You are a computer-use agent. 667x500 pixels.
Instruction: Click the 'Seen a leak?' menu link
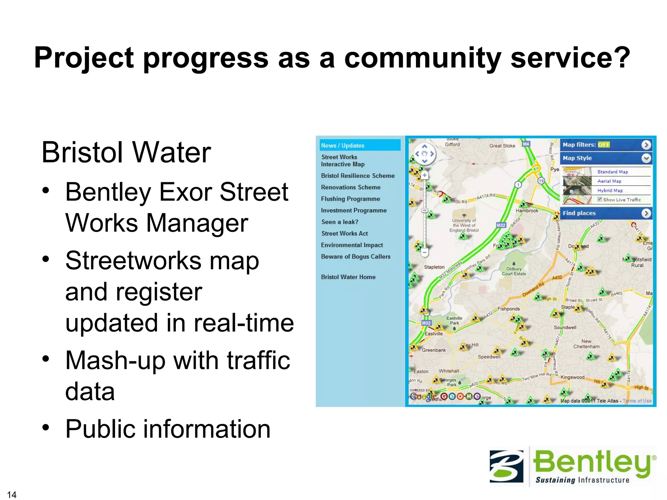coord(339,222)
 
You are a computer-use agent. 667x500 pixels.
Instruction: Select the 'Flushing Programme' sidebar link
coord(350,199)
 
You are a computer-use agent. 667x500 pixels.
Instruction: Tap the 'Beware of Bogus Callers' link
coord(355,257)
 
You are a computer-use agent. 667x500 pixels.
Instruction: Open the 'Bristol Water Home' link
coord(348,277)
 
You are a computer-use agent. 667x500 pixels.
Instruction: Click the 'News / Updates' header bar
coord(360,146)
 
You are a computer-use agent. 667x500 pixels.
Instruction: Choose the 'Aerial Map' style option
coord(609,181)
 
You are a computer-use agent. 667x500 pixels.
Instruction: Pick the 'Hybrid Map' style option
coord(610,190)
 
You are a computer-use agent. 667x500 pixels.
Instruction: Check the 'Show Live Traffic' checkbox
coord(600,200)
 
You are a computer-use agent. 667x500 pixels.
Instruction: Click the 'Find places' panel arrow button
coord(646,213)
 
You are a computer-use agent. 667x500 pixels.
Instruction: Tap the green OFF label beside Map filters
coord(603,145)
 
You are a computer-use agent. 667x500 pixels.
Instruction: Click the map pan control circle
coord(424,154)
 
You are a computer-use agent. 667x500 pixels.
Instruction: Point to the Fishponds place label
coord(508,309)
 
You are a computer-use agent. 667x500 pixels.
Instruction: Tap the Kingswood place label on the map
coord(572,377)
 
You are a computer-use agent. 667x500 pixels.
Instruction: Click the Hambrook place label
coord(527,211)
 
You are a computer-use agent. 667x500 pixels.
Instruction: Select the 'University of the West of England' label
coord(464,225)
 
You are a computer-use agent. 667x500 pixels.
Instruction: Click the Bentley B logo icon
coord(506,466)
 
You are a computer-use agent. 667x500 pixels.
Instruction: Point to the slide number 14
coord(11,494)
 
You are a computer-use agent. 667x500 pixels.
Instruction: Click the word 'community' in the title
coord(422,58)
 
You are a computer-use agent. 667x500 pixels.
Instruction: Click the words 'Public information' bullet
coord(168,429)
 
